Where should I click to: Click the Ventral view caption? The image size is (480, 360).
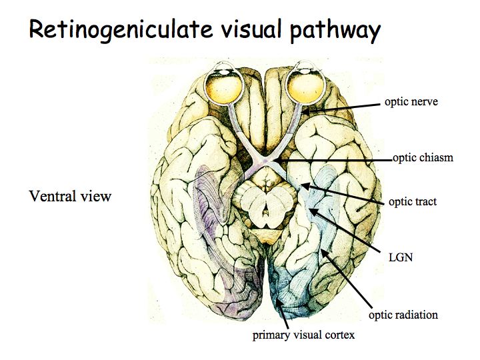(x=70, y=196)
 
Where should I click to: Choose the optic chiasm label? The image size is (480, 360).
(x=423, y=158)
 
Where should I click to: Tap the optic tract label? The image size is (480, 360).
(x=413, y=201)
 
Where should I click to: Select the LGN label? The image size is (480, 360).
(x=401, y=256)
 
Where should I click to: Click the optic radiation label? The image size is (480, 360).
(x=403, y=314)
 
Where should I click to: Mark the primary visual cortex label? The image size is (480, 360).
(x=303, y=335)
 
